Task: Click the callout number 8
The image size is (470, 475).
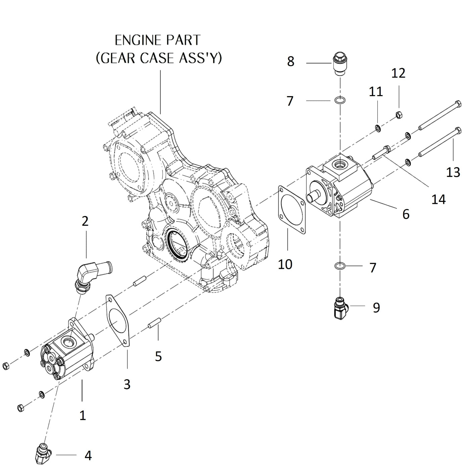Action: click(x=291, y=61)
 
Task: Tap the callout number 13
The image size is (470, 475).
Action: click(x=453, y=172)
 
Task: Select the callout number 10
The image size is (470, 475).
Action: click(x=285, y=264)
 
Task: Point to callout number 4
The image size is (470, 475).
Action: click(x=88, y=456)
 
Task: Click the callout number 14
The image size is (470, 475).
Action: click(x=438, y=199)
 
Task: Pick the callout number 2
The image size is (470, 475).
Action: click(x=85, y=221)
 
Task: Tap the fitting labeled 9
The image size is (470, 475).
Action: click(x=340, y=308)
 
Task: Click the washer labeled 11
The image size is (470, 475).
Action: click(x=378, y=128)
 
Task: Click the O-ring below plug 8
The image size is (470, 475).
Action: click(x=340, y=100)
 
